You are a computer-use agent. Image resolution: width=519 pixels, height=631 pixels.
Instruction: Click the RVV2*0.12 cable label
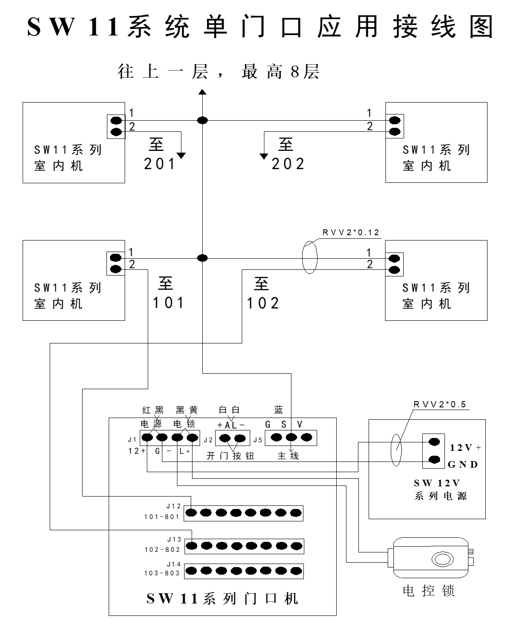tap(350, 232)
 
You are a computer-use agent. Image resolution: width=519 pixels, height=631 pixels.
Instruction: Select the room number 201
tap(159, 164)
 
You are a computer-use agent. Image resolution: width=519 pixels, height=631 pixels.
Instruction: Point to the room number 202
tap(288, 164)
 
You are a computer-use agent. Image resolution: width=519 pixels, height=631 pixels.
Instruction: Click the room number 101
tap(169, 303)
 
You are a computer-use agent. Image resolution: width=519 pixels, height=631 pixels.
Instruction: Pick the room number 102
tap(263, 303)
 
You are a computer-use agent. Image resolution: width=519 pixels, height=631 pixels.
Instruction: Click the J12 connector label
tap(173, 506)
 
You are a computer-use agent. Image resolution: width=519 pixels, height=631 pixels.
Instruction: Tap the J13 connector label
tap(174, 539)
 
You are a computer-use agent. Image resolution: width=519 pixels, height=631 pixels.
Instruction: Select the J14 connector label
tap(174, 564)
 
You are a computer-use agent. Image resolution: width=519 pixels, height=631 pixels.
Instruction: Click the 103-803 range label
tap(162, 573)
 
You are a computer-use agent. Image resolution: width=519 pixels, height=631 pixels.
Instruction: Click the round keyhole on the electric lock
tap(442, 559)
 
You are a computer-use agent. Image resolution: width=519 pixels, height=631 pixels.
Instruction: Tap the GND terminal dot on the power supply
tap(434, 459)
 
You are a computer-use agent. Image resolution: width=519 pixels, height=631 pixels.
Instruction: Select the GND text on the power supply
tap(463, 464)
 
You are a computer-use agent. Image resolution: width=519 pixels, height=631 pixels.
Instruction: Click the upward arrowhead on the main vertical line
tap(203, 92)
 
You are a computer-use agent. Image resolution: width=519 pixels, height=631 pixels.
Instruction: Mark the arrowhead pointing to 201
tap(181, 156)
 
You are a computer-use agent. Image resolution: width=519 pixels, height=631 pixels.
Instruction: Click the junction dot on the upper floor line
tap(203, 120)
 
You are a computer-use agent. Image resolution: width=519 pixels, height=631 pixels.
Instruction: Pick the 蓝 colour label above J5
tap(279, 410)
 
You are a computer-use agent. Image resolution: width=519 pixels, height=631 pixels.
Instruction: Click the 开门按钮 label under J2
tap(230, 456)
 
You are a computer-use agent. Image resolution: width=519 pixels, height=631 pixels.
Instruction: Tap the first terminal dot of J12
tap(191, 513)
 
